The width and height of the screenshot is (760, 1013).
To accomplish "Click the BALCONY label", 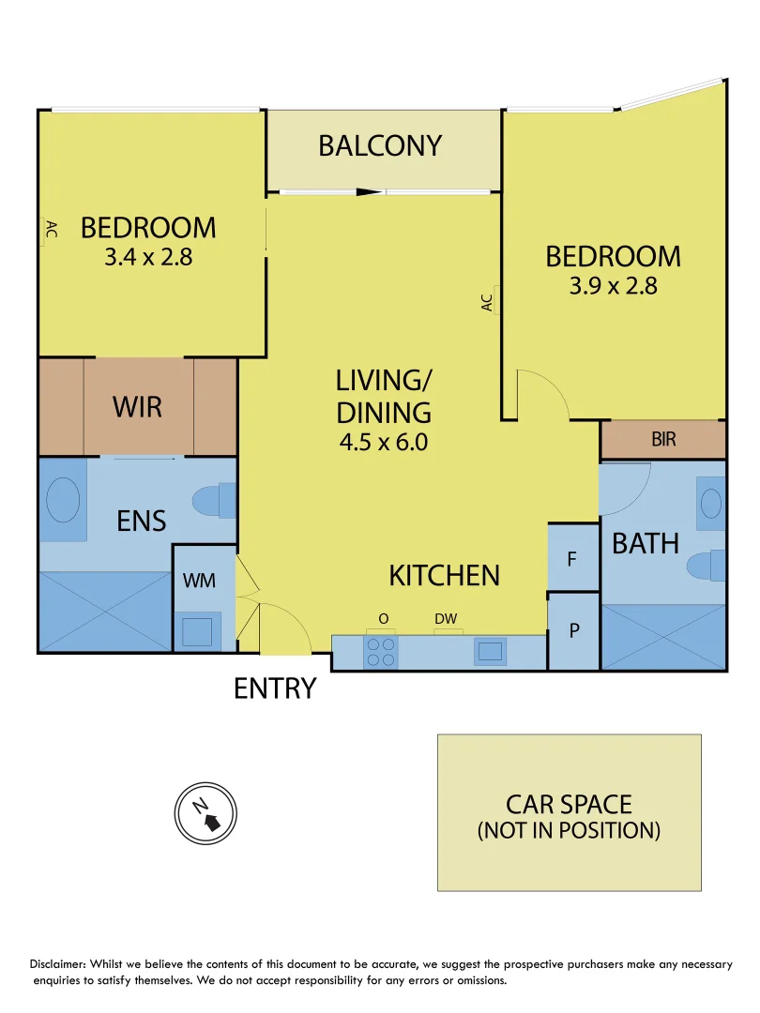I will [379, 146].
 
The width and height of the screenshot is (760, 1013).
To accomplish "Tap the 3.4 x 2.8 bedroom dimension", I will [148, 257].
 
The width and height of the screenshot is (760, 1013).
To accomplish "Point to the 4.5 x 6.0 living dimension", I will [384, 442].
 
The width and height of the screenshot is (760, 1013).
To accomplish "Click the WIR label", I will [137, 408].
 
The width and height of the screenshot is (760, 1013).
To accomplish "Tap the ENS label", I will [142, 522].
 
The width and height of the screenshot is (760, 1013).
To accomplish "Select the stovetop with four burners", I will [380, 652].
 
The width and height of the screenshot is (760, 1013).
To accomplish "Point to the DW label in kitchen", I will [445, 619].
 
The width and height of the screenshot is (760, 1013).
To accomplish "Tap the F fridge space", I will [572, 558].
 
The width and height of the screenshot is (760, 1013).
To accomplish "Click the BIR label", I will [663, 439].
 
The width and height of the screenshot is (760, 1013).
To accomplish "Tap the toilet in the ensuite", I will [214, 500].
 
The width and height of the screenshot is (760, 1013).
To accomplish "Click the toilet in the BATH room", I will [706, 567].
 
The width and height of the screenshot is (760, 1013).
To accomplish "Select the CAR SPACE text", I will [569, 805].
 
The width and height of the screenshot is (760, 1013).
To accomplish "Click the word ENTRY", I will [274, 689].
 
